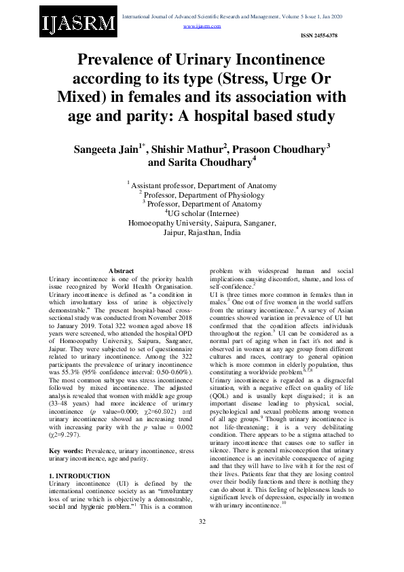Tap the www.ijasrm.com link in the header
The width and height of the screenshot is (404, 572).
pyautogui.click(x=202, y=26)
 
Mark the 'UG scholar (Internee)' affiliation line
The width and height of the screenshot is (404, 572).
pyautogui.click(x=202, y=212)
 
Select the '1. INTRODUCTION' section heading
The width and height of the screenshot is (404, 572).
pyautogui.click(x=81, y=476)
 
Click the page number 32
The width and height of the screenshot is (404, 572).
pyautogui.click(x=202, y=539)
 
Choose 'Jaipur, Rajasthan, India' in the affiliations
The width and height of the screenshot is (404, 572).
pyautogui.click(x=202, y=232)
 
